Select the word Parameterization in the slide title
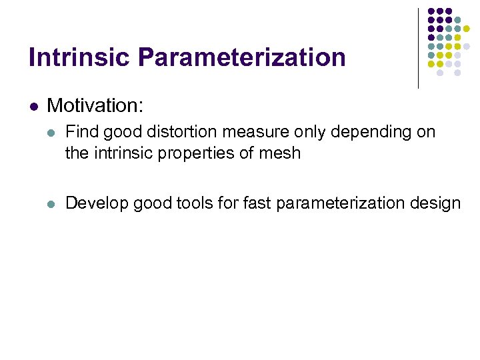point(242,57)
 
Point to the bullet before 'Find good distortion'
point(53,133)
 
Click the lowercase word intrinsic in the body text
point(113,153)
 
